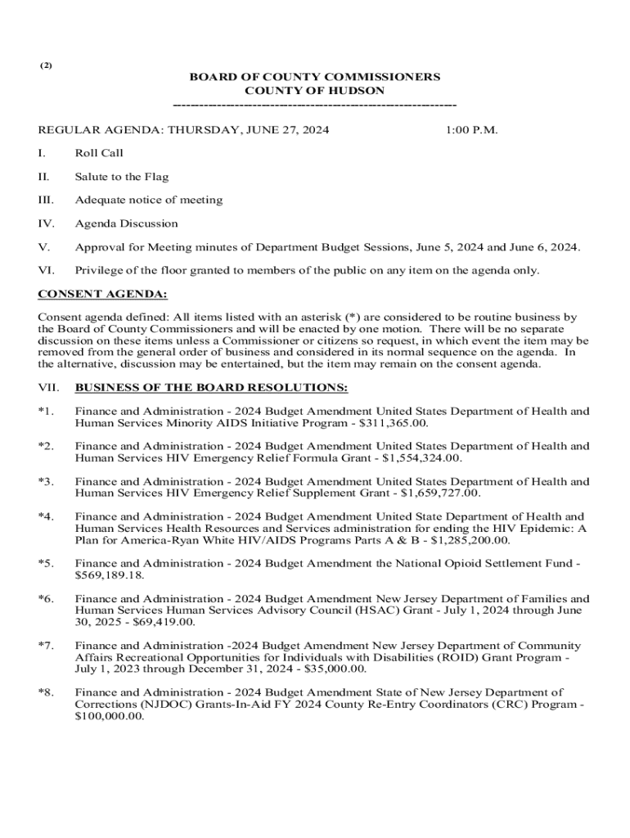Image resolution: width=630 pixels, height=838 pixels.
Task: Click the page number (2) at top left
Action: (x=46, y=65)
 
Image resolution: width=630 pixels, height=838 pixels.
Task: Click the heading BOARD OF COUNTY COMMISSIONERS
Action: (x=315, y=77)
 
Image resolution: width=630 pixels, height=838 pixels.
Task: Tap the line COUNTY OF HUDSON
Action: (x=315, y=90)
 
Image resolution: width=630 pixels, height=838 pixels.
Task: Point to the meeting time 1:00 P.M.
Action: (x=472, y=130)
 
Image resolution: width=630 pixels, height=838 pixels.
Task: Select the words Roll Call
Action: (x=99, y=153)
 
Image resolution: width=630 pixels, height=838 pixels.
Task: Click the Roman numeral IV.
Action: (x=46, y=223)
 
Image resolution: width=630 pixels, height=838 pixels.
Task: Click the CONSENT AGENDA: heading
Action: (x=103, y=294)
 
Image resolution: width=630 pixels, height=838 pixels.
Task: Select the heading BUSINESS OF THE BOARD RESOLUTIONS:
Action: (x=211, y=387)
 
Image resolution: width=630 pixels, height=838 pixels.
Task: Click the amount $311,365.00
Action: (x=393, y=423)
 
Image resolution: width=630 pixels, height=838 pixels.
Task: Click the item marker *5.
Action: (x=46, y=564)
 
